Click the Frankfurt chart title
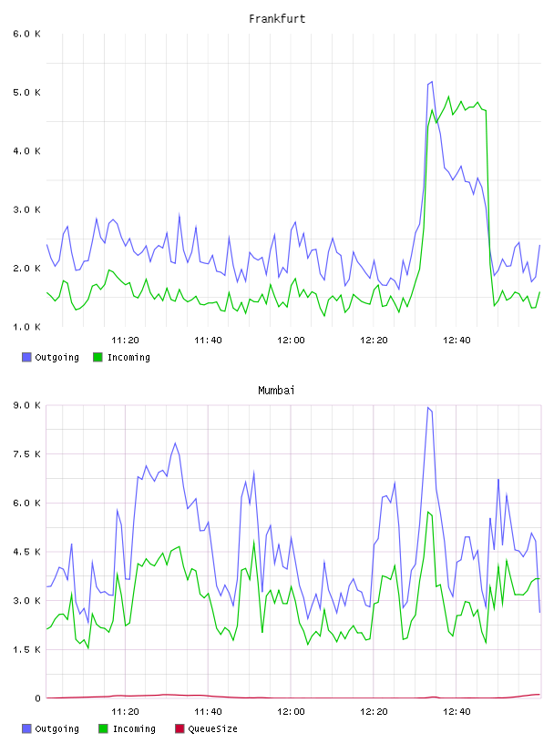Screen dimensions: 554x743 click(x=277, y=19)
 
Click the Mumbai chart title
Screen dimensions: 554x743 click(x=276, y=391)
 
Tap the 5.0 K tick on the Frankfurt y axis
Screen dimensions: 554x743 click(x=26, y=92)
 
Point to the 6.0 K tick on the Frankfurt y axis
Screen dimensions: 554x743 click(x=26, y=34)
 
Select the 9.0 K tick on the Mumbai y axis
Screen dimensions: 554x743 click(x=26, y=405)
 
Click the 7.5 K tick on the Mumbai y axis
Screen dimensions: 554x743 click(x=26, y=454)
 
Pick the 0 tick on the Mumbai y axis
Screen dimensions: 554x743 click(x=37, y=698)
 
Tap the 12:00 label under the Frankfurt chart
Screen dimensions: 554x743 click(x=291, y=341)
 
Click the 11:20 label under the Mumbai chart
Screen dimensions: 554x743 click(x=125, y=712)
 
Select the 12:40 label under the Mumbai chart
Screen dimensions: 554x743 click(x=457, y=712)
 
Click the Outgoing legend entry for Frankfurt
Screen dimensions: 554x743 click(x=50, y=357)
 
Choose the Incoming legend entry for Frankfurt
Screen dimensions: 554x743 click(x=121, y=357)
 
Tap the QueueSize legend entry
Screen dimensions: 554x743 click(x=206, y=728)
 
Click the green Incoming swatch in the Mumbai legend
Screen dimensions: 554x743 click(x=103, y=728)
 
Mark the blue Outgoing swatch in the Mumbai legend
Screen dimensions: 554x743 click(x=26, y=728)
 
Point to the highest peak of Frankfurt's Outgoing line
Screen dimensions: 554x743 click(x=432, y=82)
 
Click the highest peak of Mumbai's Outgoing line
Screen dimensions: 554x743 click(x=428, y=407)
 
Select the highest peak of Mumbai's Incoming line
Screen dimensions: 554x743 click(x=428, y=512)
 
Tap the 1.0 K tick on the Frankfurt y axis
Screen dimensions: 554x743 click(x=26, y=327)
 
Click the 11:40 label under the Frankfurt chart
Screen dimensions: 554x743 click(x=208, y=341)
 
